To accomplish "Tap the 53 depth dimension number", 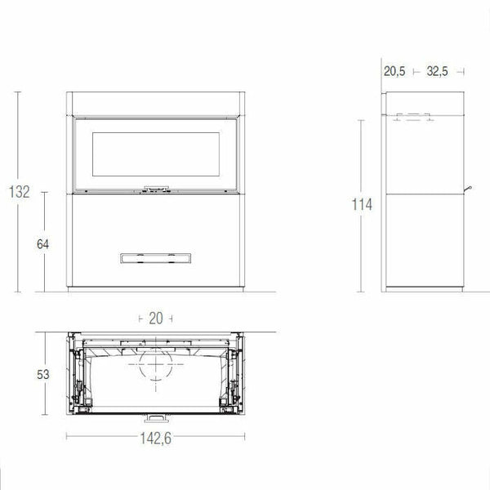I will click(42, 375).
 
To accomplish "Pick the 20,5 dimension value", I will click(394, 71).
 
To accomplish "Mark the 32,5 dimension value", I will click(438, 71).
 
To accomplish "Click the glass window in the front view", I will click(154, 155).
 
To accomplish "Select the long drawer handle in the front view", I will click(154, 258).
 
